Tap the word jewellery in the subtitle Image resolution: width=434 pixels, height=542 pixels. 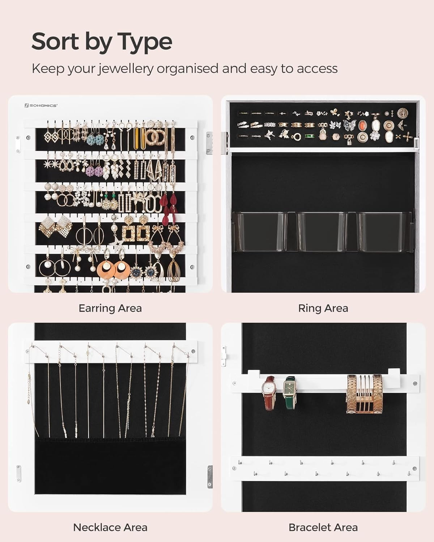tap(125, 69)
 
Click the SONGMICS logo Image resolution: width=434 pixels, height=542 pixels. tap(41, 106)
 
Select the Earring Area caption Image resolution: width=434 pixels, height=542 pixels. tap(110, 308)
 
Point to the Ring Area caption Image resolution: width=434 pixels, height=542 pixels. tap(323, 308)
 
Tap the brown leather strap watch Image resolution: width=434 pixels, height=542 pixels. tap(269, 396)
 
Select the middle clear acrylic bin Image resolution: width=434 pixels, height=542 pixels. tap(323, 232)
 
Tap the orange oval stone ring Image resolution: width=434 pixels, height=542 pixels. tap(362, 125)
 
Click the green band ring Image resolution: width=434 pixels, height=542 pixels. tap(310, 137)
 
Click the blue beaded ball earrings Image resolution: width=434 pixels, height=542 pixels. tap(95, 140)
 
